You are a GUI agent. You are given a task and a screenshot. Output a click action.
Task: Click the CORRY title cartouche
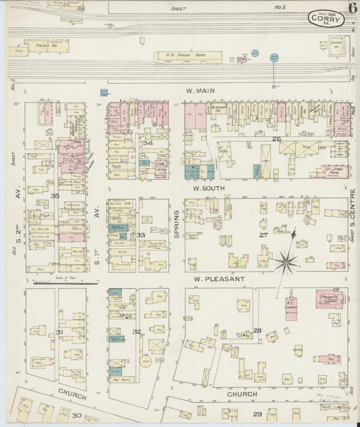[x=326, y=20]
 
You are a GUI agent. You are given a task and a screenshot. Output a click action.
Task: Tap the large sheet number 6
[x=353, y=9]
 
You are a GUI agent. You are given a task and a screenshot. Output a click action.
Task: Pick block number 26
[x=276, y=139]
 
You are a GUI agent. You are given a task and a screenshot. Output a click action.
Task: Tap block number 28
[x=257, y=330]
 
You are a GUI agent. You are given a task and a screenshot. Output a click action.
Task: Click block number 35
[x=55, y=196]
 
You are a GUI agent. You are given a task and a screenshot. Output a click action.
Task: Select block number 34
[x=147, y=143]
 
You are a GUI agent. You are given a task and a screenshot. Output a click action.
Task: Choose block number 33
[x=141, y=234]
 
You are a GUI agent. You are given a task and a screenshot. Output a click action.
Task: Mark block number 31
[x=59, y=332]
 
